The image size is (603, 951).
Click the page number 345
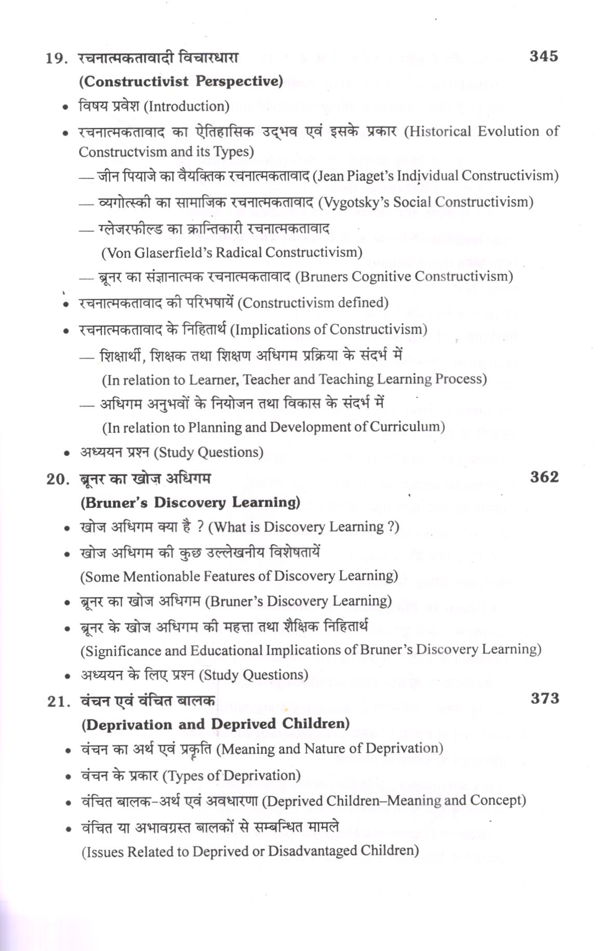pyautogui.click(x=543, y=57)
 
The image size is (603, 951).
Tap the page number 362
pyautogui.click(x=544, y=477)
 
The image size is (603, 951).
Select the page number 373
pyautogui.click(x=544, y=698)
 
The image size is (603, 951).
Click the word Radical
pyautogui.click(x=240, y=253)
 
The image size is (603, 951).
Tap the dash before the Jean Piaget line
pyautogui.click(x=86, y=177)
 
